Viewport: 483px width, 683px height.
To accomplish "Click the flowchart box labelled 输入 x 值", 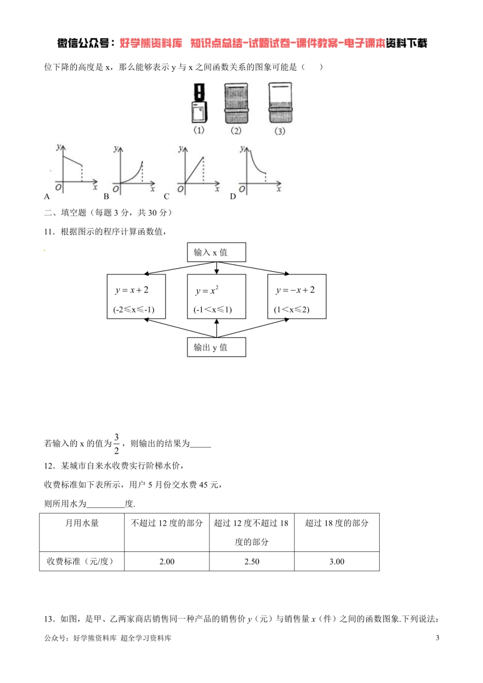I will (x=216, y=252).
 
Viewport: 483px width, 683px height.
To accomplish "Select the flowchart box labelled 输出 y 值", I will (x=216, y=347).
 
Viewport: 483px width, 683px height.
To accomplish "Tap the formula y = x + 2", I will (x=132, y=290).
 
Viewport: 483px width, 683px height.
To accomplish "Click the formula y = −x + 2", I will (x=295, y=290).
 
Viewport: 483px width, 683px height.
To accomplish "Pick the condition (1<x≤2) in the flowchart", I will (x=291, y=309).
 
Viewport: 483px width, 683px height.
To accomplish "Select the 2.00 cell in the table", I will (x=167, y=562).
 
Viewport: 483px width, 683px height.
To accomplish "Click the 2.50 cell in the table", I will (x=252, y=562).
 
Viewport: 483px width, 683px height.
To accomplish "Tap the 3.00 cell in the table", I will (x=337, y=562).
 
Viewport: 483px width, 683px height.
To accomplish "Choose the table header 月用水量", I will (x=82, y=523).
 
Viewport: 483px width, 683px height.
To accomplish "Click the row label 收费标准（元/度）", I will (x=80, y=562).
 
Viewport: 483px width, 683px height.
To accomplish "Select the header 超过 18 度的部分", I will (x=337, y=523).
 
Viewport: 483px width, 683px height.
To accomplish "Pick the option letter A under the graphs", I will (x=47, y=197).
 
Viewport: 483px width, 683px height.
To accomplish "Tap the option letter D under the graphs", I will (x=233, y=197).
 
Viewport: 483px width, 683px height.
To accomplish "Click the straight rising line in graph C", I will (x=194, y=170).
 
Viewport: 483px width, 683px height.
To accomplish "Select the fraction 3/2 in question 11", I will (x=116, y=444).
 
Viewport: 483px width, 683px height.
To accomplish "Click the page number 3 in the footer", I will (x=437, y=638).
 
